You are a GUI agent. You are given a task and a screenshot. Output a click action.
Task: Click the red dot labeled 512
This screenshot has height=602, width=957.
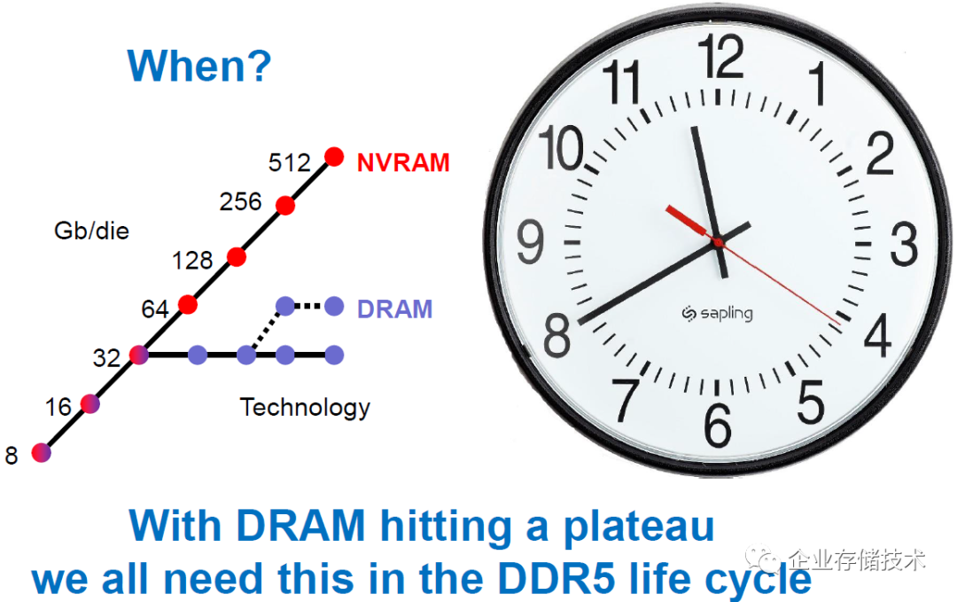point(334,157)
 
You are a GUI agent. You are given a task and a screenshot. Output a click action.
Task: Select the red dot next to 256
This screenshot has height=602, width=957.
point(285,206)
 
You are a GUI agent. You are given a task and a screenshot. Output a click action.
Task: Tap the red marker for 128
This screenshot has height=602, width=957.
point(237,257)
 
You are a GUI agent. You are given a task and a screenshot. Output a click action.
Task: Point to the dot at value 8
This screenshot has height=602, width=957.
point(41,452)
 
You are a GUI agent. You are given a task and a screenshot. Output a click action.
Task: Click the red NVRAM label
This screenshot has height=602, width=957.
point(403,163)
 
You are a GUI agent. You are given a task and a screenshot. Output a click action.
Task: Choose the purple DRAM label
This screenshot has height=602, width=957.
point(395,309)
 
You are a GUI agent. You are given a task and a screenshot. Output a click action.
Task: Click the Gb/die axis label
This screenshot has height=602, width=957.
point(91,231)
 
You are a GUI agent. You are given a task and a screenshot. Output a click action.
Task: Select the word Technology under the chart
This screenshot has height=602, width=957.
point(305,408)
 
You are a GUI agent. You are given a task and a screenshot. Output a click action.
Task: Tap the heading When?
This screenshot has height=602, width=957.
point(199,66)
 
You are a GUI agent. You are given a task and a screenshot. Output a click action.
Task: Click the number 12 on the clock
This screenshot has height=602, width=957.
point(720,56)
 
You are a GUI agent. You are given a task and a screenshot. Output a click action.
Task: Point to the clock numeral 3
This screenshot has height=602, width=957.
point(904,244)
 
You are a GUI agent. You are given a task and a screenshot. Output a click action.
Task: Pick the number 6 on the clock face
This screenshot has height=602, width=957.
point(718,425)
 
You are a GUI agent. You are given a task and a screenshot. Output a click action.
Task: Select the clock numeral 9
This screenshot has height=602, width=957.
point(530,241)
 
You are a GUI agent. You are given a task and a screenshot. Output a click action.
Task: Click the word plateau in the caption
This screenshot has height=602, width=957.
point(638,527)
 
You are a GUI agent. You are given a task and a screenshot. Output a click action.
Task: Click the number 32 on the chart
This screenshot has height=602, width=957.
point(107,358)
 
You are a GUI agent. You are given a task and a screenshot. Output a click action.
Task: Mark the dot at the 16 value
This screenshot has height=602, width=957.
point(89,403)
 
